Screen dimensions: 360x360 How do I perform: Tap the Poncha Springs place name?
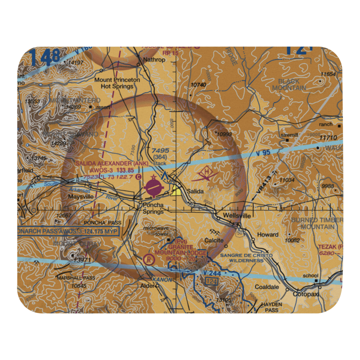tap(153, 208)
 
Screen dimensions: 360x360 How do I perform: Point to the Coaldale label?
tap(267, 287)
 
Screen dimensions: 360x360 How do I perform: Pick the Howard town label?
tap(267, 235)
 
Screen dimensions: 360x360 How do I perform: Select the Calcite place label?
tap(214, 240)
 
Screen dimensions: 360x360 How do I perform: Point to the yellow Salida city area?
tap(176, 190)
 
